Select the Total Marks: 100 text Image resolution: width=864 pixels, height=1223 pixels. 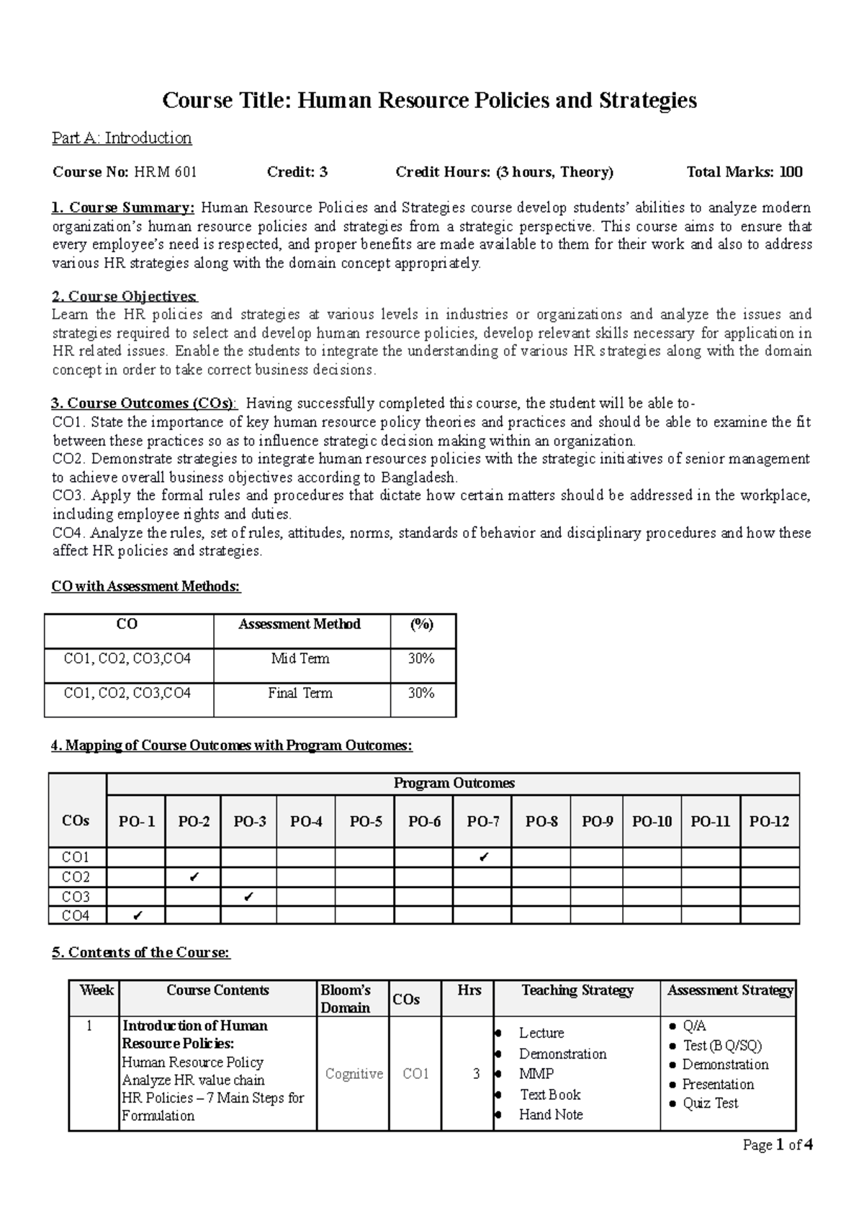coord(744,172)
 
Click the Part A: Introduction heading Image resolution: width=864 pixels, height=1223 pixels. coord(122,138)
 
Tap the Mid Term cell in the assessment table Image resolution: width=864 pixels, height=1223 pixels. coord(300,658)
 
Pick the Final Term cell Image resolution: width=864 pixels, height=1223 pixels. coord(300,693)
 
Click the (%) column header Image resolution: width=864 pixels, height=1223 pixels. coord(422,624)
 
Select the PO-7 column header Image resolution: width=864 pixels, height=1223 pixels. coord(482,821)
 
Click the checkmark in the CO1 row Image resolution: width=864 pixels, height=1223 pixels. coord(483,857)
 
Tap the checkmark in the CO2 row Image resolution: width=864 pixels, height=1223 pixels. coord(193,877)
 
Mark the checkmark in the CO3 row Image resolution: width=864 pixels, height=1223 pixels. coord(248,897)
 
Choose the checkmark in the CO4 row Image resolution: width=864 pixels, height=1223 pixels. coord(137,915)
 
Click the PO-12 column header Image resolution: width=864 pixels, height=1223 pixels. coord(769,821)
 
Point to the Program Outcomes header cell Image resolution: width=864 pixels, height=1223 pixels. coord(454,783)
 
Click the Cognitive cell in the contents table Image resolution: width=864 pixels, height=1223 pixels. coord(354,1074)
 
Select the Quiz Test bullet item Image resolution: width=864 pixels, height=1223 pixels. coord(710,1103)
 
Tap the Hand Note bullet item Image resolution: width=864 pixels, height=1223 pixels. coord(551,1115)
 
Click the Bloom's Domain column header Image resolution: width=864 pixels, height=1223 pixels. coord(346,999)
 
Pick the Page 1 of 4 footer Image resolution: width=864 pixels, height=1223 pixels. coord(778,1145)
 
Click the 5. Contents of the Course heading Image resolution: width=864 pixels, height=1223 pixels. coord(140,952)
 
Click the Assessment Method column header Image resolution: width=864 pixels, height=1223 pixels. coord(300,624)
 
